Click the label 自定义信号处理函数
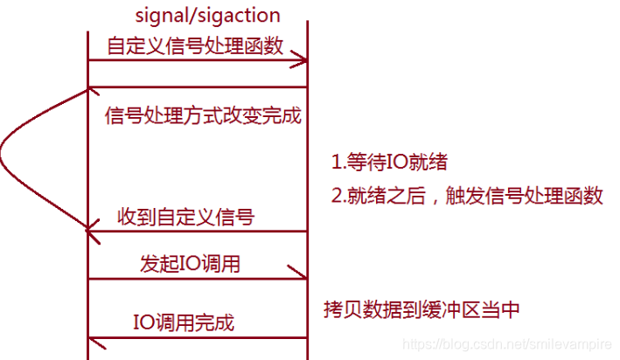tap(195, 45)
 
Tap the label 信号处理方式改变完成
tap(202, 115)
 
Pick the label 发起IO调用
tap(190, 262)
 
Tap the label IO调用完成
tap(185, 321)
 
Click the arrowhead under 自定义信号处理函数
tap(301, 60)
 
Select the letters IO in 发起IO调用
tap(191, 262)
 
